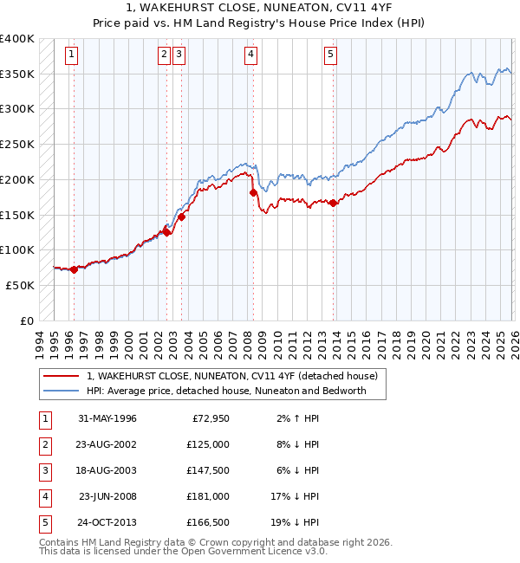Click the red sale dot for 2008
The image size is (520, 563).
pos(252,192)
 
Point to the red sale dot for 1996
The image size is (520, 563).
pos(74,269)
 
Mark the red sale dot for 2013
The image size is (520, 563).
pos(333,203)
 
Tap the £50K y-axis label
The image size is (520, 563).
pos(21,285)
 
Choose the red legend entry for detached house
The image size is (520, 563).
pos(231,377)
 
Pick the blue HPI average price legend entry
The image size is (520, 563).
pos(226,391)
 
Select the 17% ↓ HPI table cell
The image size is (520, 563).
pos(296,496)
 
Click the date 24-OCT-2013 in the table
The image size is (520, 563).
pos(107,522)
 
